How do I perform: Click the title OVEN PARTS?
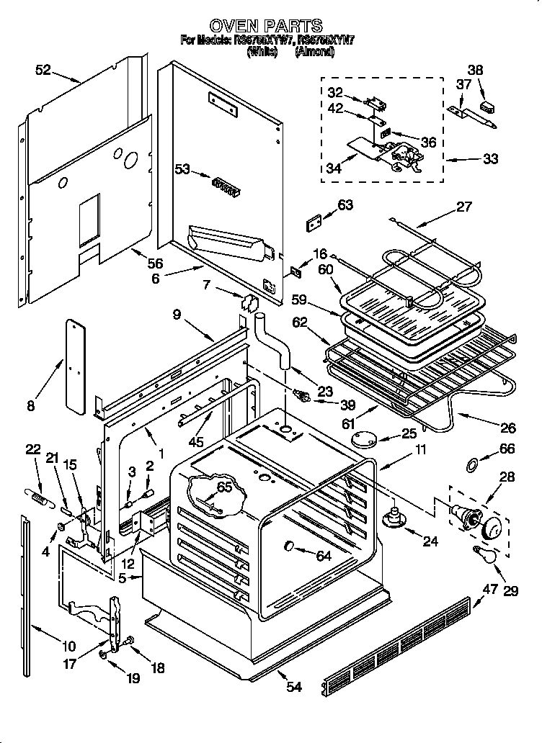[x=270, y=27]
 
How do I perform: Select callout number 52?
[x=43, y=70]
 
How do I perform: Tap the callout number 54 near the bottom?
[x=293, y=687]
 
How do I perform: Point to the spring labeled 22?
[x=38, y=495]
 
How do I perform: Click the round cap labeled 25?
[x=365, y=438]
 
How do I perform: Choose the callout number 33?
[x=490, y=159]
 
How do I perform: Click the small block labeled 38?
[x=488, y=106]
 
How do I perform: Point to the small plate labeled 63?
[x=315, y=224]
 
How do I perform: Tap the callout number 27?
[x=464, y=207]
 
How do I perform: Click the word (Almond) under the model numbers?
[x=315, y=52]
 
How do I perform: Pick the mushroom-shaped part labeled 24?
[x=393, y=517]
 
